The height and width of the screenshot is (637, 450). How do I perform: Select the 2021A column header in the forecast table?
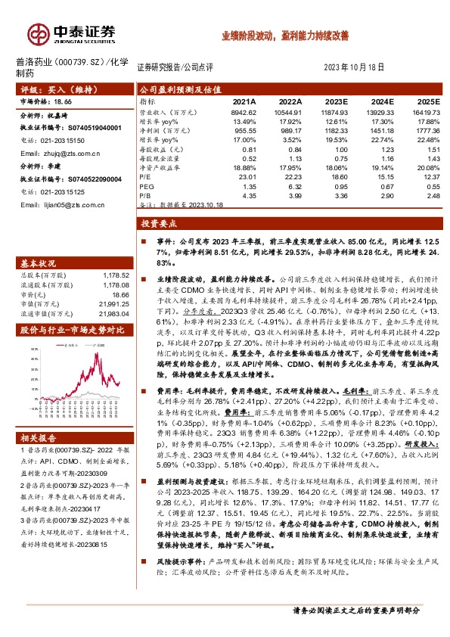tap(244, 101)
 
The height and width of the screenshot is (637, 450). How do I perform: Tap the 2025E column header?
tap(427, 101)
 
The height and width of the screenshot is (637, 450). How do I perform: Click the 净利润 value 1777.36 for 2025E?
tap(426, 130)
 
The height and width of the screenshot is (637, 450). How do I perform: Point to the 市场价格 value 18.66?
tap(62, 101)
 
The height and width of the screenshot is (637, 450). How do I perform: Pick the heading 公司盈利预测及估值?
tap(178, 89)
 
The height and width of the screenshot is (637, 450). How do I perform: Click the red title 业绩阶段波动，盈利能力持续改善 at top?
tap(284, 36)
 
